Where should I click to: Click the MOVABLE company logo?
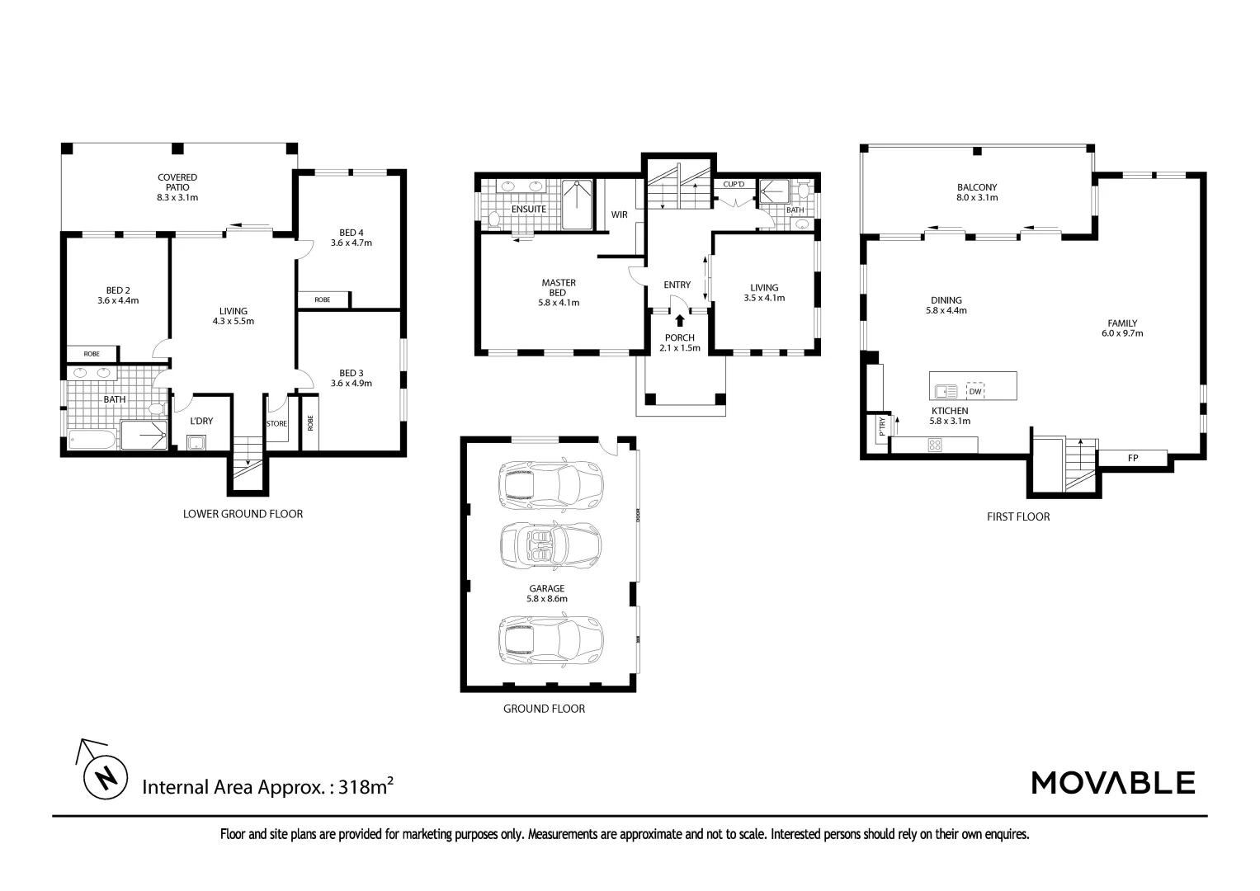1113,782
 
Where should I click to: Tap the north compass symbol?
105,777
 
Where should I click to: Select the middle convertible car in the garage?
550,544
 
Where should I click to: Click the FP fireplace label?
1132,457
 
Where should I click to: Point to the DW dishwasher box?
975,391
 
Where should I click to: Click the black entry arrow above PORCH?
679,321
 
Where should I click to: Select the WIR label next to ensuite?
619,214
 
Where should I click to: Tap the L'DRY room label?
201,421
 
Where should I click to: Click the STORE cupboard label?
276,424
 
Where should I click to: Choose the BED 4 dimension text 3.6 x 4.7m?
352,243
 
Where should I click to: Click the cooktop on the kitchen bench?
936,445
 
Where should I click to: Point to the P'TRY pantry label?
881,427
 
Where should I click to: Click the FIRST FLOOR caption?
1017,516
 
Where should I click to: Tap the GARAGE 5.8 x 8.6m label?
547,594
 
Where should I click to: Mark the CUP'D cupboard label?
734,184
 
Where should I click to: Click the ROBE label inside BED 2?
91,354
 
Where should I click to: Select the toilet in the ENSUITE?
494,219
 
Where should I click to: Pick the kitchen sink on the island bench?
946,391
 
